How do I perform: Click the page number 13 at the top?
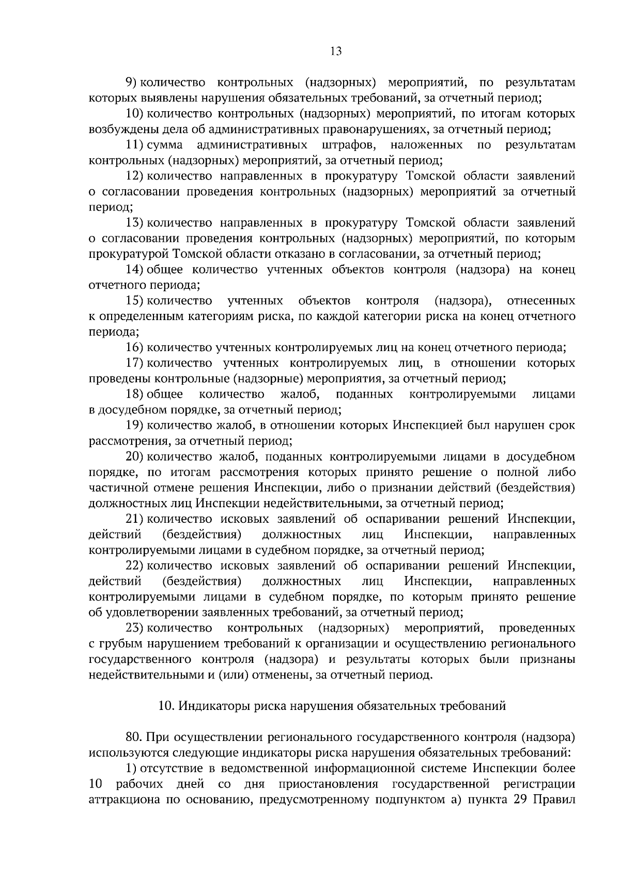(335, 51)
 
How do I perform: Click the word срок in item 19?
(562, 426)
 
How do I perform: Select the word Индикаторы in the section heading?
(205, 706)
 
